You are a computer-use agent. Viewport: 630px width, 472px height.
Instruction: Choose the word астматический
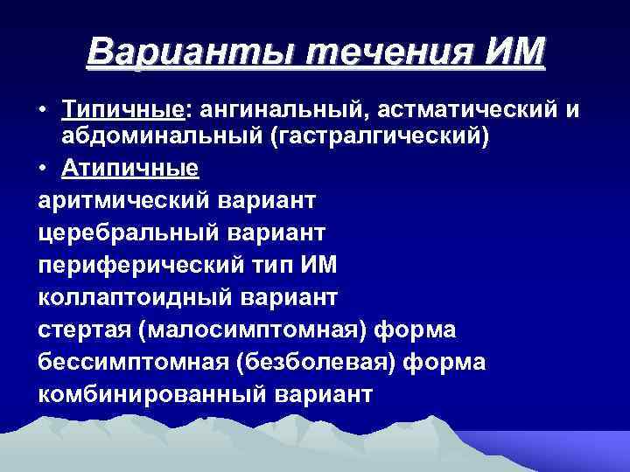click(465, 109)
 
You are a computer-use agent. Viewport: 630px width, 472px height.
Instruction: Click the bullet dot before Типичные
click(43, 111)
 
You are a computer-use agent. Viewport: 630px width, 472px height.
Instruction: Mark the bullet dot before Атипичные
click(43, 168)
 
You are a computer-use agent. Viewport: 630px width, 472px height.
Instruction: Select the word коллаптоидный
click(133, 297)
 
